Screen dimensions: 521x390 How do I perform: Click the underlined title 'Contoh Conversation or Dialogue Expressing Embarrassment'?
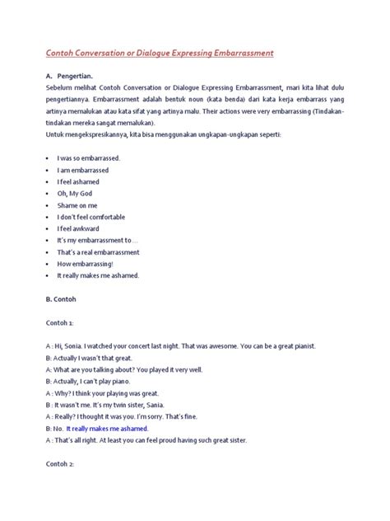point(159,52)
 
